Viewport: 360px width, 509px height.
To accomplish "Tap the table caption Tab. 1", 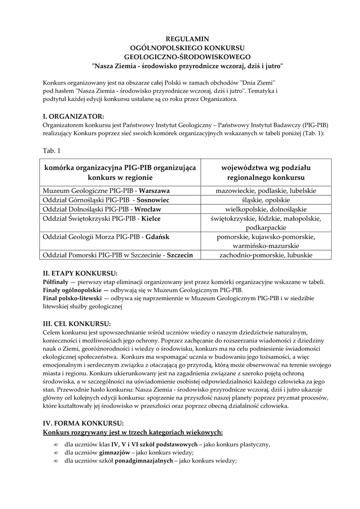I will pos(51,149).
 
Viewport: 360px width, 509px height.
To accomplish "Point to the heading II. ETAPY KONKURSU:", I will pos(80,273).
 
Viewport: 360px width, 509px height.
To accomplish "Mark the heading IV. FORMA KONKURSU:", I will pos(83,423).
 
